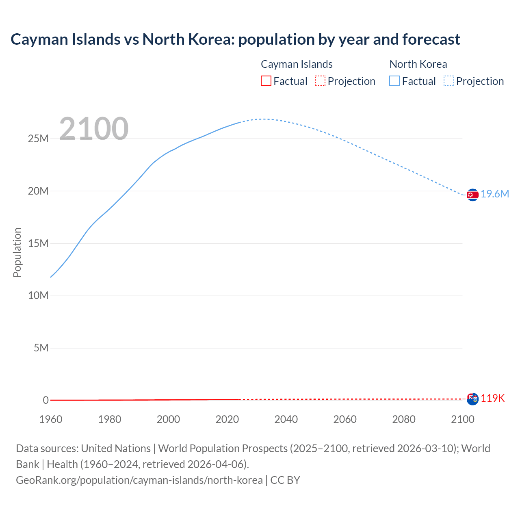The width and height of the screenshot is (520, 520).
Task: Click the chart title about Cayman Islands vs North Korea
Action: point(235,39)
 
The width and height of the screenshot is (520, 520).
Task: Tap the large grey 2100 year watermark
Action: point(94,129)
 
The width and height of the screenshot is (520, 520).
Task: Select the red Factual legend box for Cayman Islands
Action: point(266,81)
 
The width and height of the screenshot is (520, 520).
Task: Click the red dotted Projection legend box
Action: point(320,81)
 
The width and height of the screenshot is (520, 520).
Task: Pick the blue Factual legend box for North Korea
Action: point(394,81)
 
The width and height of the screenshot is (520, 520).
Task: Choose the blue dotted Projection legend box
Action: point(449,81)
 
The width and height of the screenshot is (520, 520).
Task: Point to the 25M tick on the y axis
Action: point(38,139)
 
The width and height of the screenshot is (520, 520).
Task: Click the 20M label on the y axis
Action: point(38,191)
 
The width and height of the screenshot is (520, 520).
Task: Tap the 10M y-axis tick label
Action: point(38,296)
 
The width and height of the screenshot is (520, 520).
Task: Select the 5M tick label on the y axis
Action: point(41,348)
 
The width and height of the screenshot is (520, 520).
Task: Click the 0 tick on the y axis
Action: point(46,401)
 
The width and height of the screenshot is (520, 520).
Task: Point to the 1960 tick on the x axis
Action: point(51,419)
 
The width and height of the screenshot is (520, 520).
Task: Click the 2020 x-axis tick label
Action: point(227,419)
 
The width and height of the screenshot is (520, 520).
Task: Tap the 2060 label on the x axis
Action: point(345,419)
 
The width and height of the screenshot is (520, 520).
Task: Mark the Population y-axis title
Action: point(17,252)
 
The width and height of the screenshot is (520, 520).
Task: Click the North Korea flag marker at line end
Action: point(472,195)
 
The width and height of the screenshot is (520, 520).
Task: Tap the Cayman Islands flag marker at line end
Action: point(472,399)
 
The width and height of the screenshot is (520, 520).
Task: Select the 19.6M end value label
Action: point(495,194)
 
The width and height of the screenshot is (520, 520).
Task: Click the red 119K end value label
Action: point(493,399)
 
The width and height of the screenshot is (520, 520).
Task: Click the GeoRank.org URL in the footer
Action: point(139,480)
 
